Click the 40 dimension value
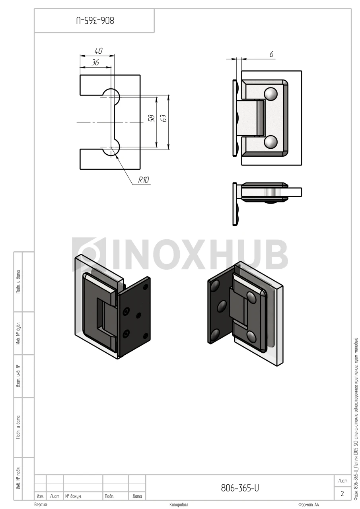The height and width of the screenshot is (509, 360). coord(98,51)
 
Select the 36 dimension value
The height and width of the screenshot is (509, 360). coord(95,62)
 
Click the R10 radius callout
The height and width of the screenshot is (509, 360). coord(144,180)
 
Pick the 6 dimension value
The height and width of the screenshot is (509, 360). coord(271,54)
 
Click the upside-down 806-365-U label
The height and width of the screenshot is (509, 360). coord(95,21)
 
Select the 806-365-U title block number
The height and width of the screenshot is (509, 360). coord(240,488)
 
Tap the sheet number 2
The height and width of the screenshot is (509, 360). coord(342,494)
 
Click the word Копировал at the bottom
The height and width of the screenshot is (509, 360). coord(179,505)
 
